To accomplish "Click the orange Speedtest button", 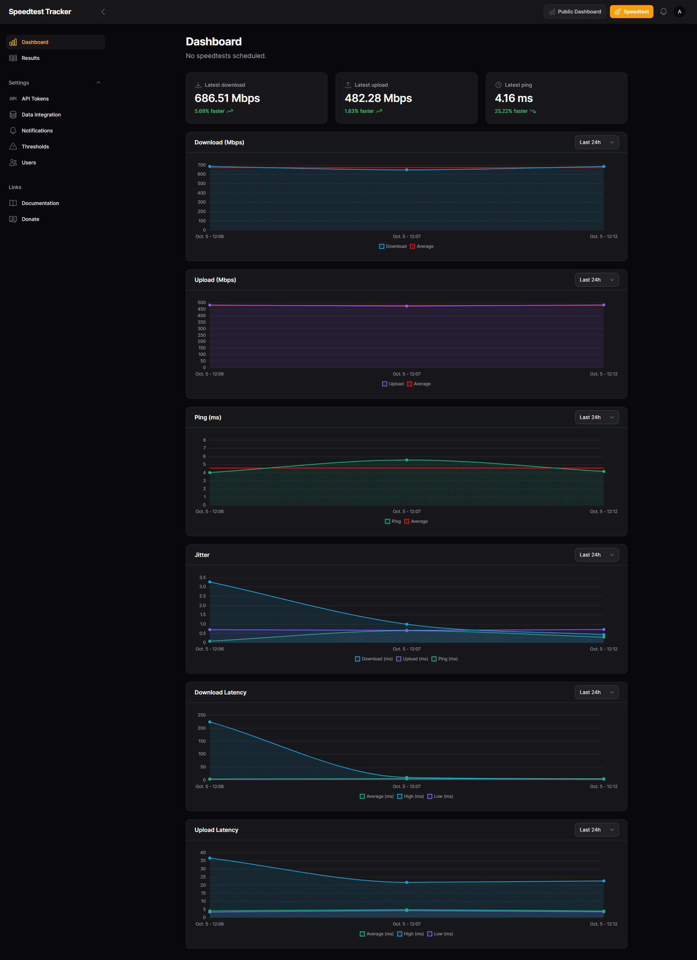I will (x=631, y=12).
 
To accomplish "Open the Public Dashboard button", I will (x=575, y=12).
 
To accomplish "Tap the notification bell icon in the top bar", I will (x=663, y=12).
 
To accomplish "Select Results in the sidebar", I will (x=30, y=58).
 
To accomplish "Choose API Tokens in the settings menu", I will (x=35, y=99).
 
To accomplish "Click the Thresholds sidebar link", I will (x=35, y=147).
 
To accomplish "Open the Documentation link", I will (x=40, y=204).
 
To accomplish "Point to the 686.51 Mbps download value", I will (x=227, y=99).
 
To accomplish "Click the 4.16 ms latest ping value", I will (x=514, y=99).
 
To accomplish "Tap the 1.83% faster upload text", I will (x=359, y=111).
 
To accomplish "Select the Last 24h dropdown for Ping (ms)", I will (x=596, y=417).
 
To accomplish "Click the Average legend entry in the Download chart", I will (x=422, y=247).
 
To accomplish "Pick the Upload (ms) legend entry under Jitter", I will (x=412, y=659).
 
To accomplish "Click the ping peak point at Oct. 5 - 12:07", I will (x=407, y=460).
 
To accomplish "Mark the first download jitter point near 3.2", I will (x=209, y=582).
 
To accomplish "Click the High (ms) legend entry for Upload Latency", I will (x=410, y=934).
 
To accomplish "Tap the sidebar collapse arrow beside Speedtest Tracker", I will (x=103, y=12).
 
